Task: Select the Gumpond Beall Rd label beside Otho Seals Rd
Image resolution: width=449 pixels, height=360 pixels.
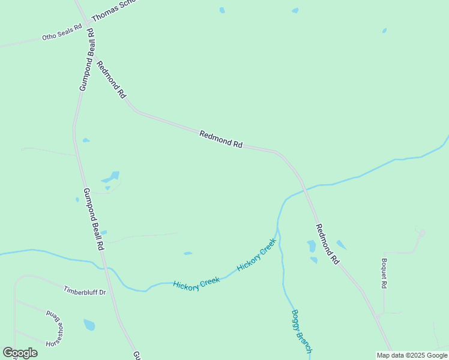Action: [87, 59]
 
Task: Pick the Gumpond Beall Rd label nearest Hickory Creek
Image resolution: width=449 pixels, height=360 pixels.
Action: [94, 219]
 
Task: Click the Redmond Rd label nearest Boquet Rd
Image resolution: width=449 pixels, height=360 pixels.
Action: [328, 244]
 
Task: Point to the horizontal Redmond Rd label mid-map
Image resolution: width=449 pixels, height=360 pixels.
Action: [221, 140]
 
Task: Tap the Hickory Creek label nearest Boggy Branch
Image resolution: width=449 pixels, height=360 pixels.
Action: [256, 255]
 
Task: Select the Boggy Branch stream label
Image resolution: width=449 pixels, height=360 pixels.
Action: [301, 331]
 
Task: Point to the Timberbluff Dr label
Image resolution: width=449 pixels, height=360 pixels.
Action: [85, 291]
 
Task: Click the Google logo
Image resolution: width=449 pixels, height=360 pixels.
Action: [20, 353]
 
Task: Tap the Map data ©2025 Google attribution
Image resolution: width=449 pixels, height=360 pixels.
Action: [412, 355]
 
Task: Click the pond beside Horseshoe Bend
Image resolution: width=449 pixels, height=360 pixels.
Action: [89, 325]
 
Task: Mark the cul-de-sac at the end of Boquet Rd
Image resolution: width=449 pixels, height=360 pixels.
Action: [422, 233]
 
